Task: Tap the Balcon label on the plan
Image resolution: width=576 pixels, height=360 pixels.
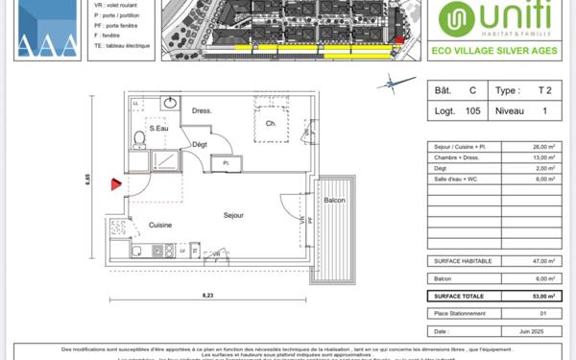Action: point(334,200)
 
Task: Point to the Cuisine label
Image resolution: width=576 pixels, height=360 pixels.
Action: point(160,225)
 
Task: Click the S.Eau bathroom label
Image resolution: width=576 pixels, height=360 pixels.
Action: point(157,127)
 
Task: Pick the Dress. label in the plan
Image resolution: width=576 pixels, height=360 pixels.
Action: point(201,110)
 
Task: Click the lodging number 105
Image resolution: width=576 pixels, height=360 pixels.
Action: point(471,111)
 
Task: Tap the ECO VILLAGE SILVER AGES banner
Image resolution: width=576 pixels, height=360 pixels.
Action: point(497,51)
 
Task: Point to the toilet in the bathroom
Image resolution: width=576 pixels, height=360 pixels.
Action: point(140,141)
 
